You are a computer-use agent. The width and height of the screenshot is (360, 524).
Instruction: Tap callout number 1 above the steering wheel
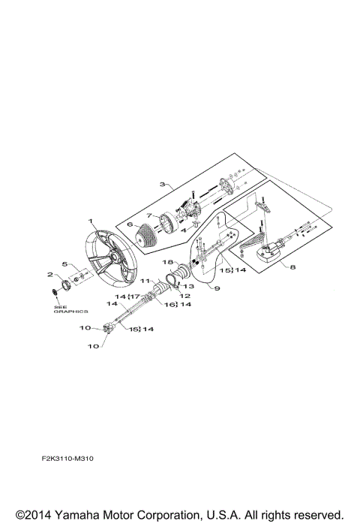pos(90,221)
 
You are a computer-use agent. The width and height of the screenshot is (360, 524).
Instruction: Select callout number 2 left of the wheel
pos(49,275)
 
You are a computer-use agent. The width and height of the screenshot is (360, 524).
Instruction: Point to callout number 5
pos(64,264)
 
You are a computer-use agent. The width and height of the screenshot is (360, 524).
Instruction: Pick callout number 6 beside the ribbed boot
pos(129,224)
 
